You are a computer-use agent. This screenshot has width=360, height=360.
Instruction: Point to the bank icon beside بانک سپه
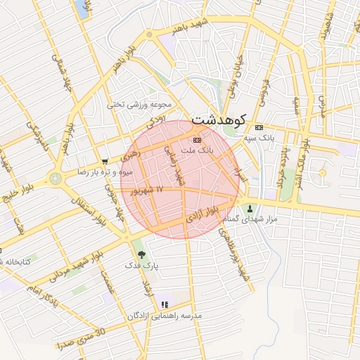click(x=259, y=127)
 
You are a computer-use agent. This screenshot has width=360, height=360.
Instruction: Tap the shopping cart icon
click(x=104, y=160)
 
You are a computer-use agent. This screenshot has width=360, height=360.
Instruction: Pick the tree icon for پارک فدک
click(x=143, y=254)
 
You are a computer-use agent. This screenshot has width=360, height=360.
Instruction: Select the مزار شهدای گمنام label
click(x=250, y=220)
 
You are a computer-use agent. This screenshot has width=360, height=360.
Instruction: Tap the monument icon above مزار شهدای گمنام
click(x=250, y=208)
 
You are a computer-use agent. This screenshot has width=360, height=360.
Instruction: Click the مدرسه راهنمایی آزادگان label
click(x=164, y=316)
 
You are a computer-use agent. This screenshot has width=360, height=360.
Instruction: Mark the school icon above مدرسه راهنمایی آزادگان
click(x=165, y=304)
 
